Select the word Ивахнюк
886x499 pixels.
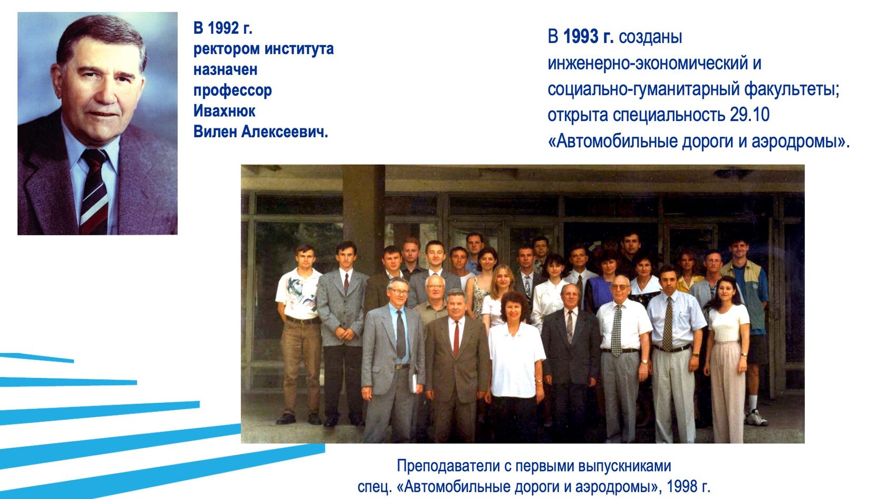224,111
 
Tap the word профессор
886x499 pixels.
233,90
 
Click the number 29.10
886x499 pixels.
749,115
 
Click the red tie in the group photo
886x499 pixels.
456,338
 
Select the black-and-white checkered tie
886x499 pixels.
617,330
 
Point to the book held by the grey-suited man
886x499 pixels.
415,383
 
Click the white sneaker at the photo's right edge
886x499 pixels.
756,418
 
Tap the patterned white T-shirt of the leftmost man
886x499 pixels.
299,293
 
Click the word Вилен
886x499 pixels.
215,131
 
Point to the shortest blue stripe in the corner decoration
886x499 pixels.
37,357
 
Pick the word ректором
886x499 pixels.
227,49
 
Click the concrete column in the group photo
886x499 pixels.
364,211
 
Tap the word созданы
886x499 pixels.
650,37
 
